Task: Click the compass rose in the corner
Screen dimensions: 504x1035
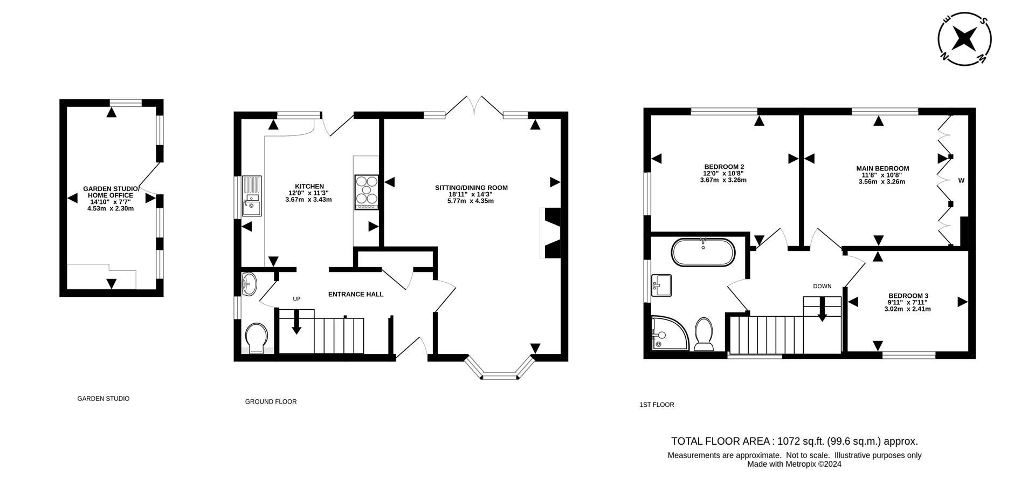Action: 965,39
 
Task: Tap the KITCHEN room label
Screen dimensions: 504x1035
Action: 309,186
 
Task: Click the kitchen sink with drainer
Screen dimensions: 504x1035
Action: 251,196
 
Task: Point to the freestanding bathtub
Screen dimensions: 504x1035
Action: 702,252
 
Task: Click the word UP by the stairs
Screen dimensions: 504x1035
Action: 296,299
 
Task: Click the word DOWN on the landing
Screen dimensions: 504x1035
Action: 822,286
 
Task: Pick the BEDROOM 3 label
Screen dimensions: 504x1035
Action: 908,296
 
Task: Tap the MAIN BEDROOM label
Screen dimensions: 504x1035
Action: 882,168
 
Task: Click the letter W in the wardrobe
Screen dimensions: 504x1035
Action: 961,181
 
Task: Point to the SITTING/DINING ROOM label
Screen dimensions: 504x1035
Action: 471,188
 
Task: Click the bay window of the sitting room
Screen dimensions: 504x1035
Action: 500,371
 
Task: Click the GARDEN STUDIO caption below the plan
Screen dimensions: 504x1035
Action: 103,399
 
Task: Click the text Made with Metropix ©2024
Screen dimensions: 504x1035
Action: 794,464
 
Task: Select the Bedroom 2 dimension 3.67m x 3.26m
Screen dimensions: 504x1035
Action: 723,180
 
